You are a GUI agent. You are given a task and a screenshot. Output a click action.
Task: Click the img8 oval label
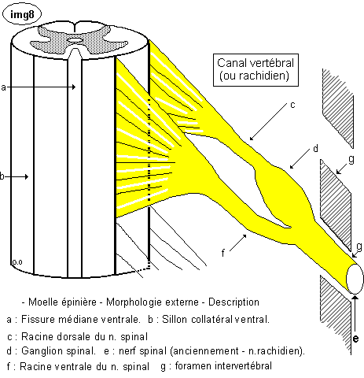[x=22, y=14]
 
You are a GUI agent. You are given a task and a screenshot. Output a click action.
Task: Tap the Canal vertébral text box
[x=256, y=70]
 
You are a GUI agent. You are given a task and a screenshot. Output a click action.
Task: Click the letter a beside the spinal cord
[x=3, y=87]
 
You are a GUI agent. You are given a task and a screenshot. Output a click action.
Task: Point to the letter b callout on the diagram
[x=2, y=176]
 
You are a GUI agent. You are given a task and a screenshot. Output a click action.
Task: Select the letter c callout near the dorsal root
[x=292, y=105]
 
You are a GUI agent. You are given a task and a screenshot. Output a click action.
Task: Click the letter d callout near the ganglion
[x=315, y=148]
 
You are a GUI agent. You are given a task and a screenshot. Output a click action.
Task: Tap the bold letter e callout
[x=355, y=339]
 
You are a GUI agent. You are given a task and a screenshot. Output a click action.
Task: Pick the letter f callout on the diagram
[x=223, y=253]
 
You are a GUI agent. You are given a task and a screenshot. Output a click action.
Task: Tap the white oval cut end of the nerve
[x=355, y=279]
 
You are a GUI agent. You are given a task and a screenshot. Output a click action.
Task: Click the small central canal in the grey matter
[x=75, y=40]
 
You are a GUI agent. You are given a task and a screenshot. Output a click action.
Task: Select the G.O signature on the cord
[x=17, y=262]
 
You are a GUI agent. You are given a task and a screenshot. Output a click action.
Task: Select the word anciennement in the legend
[x=204, y=350]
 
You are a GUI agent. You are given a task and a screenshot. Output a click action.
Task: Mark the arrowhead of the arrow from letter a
[x=74, y=87]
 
